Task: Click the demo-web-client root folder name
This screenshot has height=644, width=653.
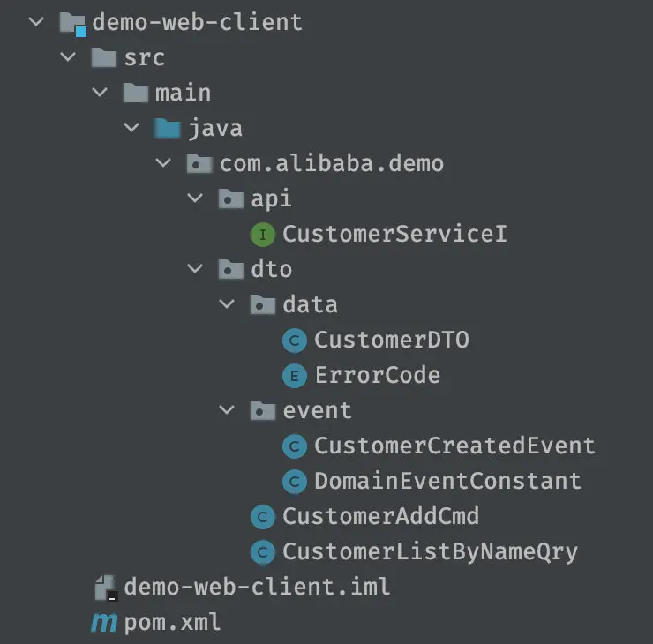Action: [x=197, y=22]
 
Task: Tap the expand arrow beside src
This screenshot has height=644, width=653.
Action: [x=68, y=56]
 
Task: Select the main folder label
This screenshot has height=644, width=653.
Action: [x=183, y=93]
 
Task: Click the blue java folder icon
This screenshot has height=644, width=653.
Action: [x=167, y=128]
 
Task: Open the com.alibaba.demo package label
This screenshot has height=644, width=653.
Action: [x=332, y=163]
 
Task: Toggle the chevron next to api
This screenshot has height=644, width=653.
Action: [x=195, y=198]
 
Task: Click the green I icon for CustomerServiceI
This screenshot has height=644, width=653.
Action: [x=263, y=235]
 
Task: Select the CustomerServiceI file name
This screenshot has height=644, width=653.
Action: [x=394, y=234]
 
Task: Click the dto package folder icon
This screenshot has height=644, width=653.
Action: [x=230, y=269]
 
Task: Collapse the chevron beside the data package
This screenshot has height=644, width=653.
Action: [x=227, y=303]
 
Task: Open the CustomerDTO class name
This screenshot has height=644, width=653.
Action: [x=392, y=340]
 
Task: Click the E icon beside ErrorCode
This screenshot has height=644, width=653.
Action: [x=295, y=376]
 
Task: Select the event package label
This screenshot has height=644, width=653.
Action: [x=317, y=410]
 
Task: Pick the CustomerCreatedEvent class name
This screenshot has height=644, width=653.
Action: [x=454, y=446]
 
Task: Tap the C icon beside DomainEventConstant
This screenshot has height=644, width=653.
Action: [x=295, y=482]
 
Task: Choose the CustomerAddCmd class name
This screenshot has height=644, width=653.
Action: [x=380, y=516]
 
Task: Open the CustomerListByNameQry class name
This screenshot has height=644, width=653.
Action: [x=431, y=552]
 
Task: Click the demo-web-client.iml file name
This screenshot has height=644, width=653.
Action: [x=257, y=587]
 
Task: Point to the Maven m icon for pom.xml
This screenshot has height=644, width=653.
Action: [x=104, y=623]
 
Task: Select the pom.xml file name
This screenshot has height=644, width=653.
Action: [x=172, y=623]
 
